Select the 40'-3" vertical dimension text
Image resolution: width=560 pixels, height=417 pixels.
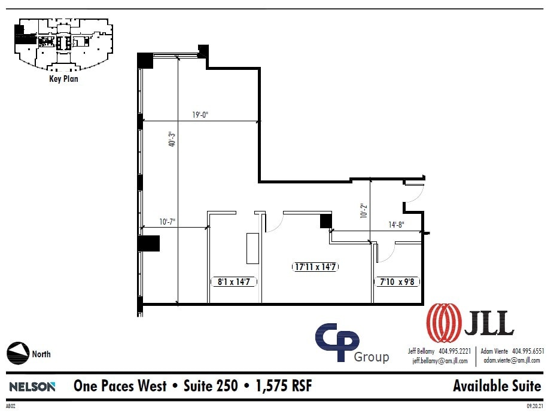click(171, 139)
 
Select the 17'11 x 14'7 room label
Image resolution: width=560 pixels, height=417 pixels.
click(316, 266)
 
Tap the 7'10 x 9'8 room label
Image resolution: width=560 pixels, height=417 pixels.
click(397, 281)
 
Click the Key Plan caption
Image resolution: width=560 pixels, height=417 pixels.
click(63, 78)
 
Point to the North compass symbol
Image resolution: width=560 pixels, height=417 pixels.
click(18, 353)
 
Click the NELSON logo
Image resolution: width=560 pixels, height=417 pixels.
click(32, 387)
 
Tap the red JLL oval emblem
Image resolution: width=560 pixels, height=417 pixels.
click(443, 323)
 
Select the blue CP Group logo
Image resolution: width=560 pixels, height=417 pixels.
click(339, 342)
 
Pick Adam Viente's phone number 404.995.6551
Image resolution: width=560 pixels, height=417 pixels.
click(525, 351)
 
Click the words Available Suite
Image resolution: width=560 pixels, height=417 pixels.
click(497, 386)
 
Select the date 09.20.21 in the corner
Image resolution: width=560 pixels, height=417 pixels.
click(534, 406)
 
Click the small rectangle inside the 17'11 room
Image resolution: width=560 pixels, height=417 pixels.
click(252, 248)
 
